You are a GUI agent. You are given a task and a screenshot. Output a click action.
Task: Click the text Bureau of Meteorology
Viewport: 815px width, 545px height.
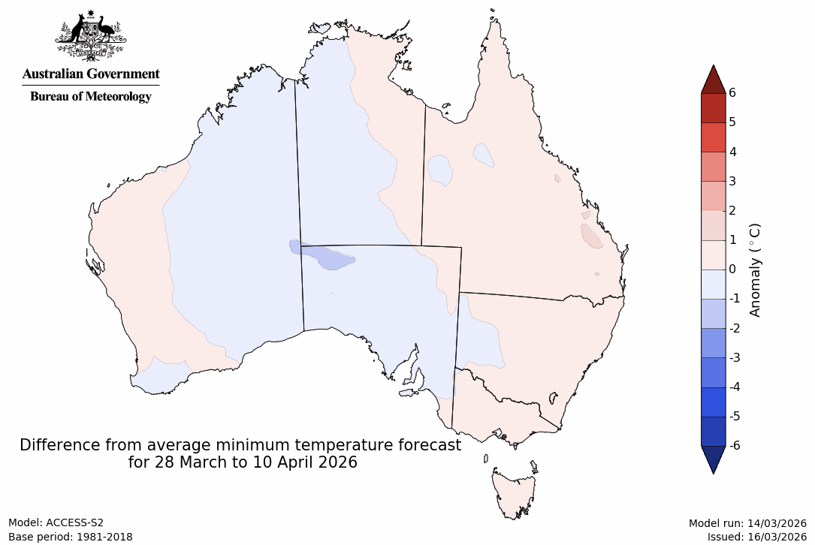[90, 96]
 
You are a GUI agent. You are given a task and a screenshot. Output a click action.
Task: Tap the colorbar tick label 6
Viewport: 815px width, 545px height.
[732, 92]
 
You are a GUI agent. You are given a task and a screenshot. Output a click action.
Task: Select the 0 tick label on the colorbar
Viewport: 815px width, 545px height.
[732, 269]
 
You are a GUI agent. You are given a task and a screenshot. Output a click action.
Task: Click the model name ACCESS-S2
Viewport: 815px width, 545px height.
[75, 523]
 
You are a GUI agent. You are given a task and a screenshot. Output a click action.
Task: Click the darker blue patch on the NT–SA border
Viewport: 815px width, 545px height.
[331, 258]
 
